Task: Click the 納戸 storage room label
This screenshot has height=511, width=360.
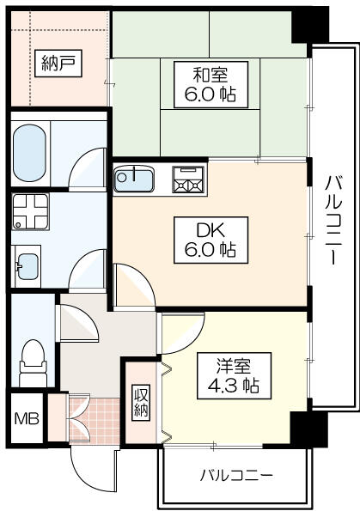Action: coord(58,64)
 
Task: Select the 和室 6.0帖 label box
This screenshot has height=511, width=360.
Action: coord(211,85)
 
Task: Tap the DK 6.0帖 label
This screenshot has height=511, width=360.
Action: coord(211,240)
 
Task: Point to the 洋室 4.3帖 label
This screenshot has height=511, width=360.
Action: coord(234,375)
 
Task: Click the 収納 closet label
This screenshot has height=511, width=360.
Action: coord(141,403)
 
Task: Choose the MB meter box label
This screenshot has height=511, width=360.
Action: coord(27,418)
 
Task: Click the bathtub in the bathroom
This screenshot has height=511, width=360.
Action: coord(29,154)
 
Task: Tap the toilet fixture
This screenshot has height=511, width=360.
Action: coord(33,362)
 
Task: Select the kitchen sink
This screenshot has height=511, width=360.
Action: coord(134,179)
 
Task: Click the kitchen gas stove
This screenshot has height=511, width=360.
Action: coord(188,179)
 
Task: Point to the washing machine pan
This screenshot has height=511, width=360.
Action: coord(30,212)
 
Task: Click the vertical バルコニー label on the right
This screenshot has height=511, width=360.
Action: coord(333,220)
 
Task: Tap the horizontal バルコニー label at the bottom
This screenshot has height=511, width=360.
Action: coord(236,476)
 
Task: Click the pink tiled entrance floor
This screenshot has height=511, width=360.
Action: coord(95,421)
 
